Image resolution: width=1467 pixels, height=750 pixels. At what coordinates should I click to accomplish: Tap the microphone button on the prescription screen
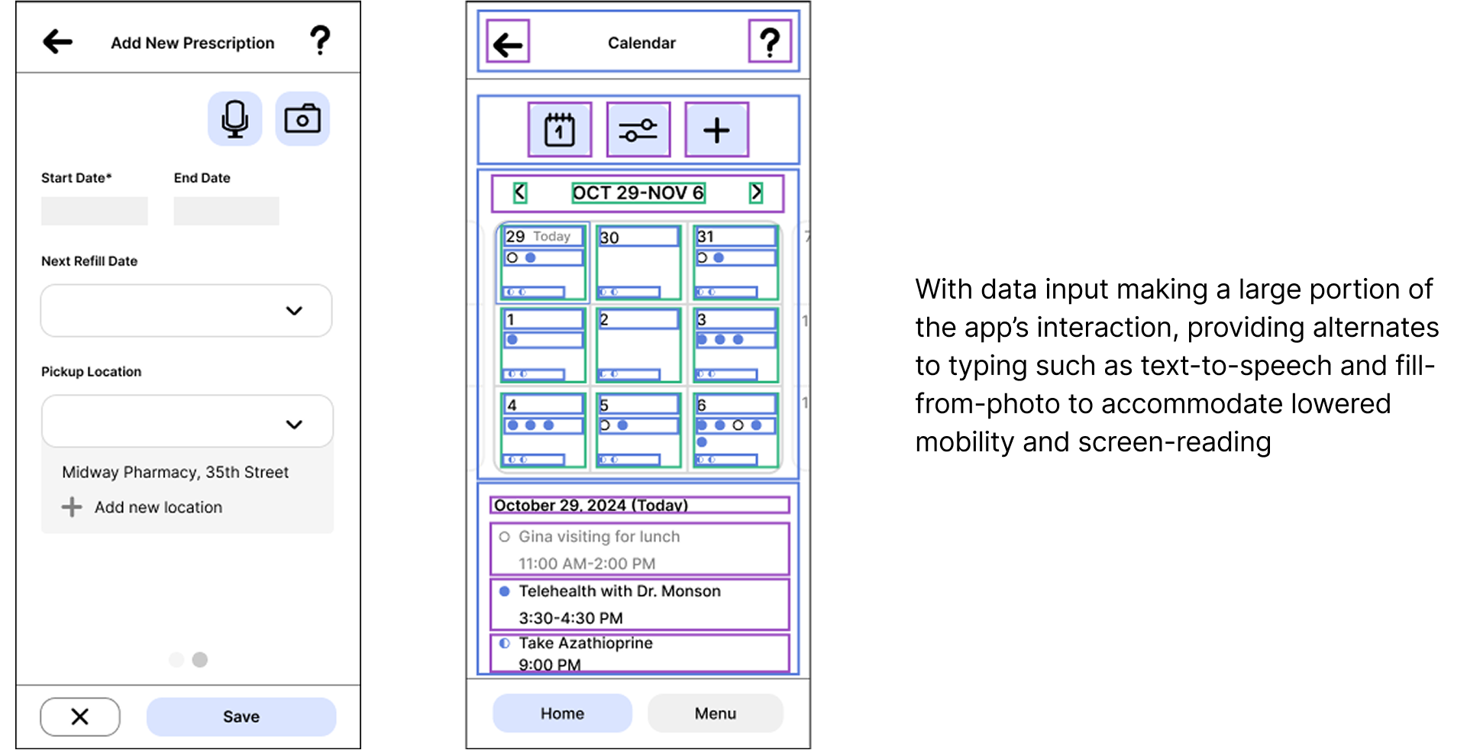(x=234, y=119)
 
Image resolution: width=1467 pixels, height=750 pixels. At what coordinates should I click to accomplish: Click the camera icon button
(x=302, y=119)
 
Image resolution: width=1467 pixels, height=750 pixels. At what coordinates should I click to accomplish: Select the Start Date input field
(x=94, y=211)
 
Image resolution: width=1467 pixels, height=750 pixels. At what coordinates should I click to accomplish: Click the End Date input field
(x=226, y=211)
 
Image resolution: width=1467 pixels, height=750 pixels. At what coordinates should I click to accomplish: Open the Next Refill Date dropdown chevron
(x=294, y=311)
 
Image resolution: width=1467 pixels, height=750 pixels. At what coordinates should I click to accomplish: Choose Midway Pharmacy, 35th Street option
(x=175, y=472)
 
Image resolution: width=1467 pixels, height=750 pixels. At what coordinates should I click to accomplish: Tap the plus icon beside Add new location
(x=72, y=507)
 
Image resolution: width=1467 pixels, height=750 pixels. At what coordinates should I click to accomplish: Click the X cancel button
(x=80, y=716)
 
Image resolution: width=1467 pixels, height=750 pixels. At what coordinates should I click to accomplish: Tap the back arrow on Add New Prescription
(x=58, y=41)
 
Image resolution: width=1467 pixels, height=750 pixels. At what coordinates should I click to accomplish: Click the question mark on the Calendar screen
(x=770, y=42)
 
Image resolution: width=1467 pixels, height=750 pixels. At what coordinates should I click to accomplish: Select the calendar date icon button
(x=560, y=130)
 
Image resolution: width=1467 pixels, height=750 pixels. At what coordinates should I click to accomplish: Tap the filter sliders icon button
(x=638, y=130)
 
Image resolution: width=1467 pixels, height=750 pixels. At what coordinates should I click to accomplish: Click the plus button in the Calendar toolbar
(x=716, y=130)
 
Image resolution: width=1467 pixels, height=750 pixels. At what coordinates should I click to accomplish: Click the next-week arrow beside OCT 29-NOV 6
(x=756, y=192)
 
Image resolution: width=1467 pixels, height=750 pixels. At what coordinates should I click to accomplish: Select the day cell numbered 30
(x=638, y=263)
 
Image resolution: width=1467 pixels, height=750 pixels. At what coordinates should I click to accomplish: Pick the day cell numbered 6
(x=735, y=429)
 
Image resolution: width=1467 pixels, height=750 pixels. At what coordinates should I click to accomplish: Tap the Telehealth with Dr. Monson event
(x=639, y=604)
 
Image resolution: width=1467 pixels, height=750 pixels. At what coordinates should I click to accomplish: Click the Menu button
(x=715, y=713)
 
